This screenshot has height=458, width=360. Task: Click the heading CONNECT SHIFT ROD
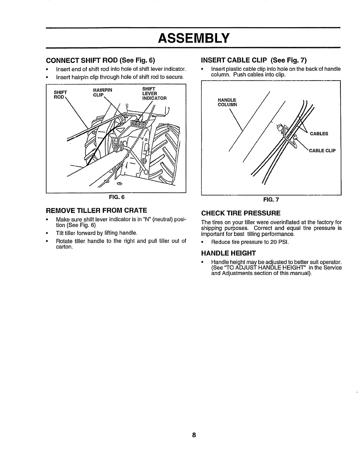[101, 60]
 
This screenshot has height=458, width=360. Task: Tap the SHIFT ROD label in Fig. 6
[60, 94]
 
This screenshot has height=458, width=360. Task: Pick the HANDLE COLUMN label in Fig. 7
[227, 102]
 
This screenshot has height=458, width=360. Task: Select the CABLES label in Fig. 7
[319, 134]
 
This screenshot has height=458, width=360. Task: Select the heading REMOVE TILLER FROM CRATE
[97, 210]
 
